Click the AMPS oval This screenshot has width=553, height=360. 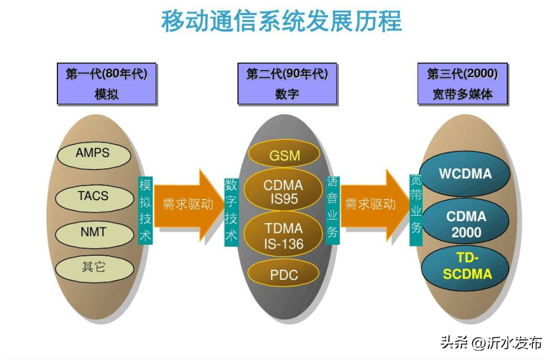point(94,154)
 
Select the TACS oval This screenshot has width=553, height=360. point(93,197)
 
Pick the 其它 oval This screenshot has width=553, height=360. point(94,268)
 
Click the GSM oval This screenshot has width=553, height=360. point(284,154)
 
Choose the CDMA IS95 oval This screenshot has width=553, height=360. point(283,192)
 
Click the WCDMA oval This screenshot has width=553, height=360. point(465,174)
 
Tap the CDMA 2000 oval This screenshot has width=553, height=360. point(465,223)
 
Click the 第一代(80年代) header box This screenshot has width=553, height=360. point(106,84)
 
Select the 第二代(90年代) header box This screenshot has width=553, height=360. point(287,84)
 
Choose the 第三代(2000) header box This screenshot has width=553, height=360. point(462,84)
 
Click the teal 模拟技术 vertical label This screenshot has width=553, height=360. point(145,211)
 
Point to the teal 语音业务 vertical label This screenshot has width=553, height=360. point(332,211)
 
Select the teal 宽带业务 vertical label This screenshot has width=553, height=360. point(416,210)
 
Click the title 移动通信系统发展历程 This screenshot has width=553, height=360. point(281,21)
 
